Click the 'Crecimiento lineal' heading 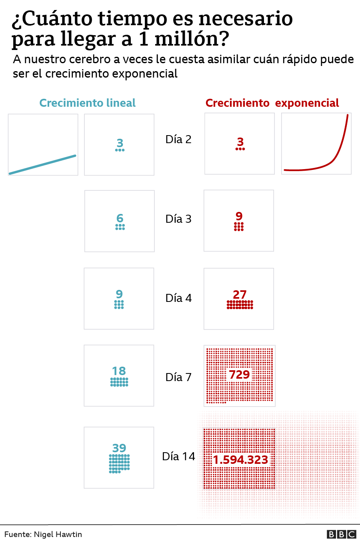[87, 103]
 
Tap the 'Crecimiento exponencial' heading [272, 103]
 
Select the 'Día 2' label [178, 140]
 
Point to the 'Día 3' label [178, 219]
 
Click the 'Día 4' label [178, 298]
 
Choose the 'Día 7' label [178, 377]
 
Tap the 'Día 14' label [178, 457]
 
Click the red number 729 [239, 375]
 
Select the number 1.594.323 [240, 460]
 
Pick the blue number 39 [119, 448]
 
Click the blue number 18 [119, 371]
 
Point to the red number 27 [240, 295]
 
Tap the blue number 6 [120, 218]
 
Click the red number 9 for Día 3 [239, 216]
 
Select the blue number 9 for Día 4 [119, 294]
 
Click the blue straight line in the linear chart [43, 164]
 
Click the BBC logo [341, 534]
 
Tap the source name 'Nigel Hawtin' [58, 535]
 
